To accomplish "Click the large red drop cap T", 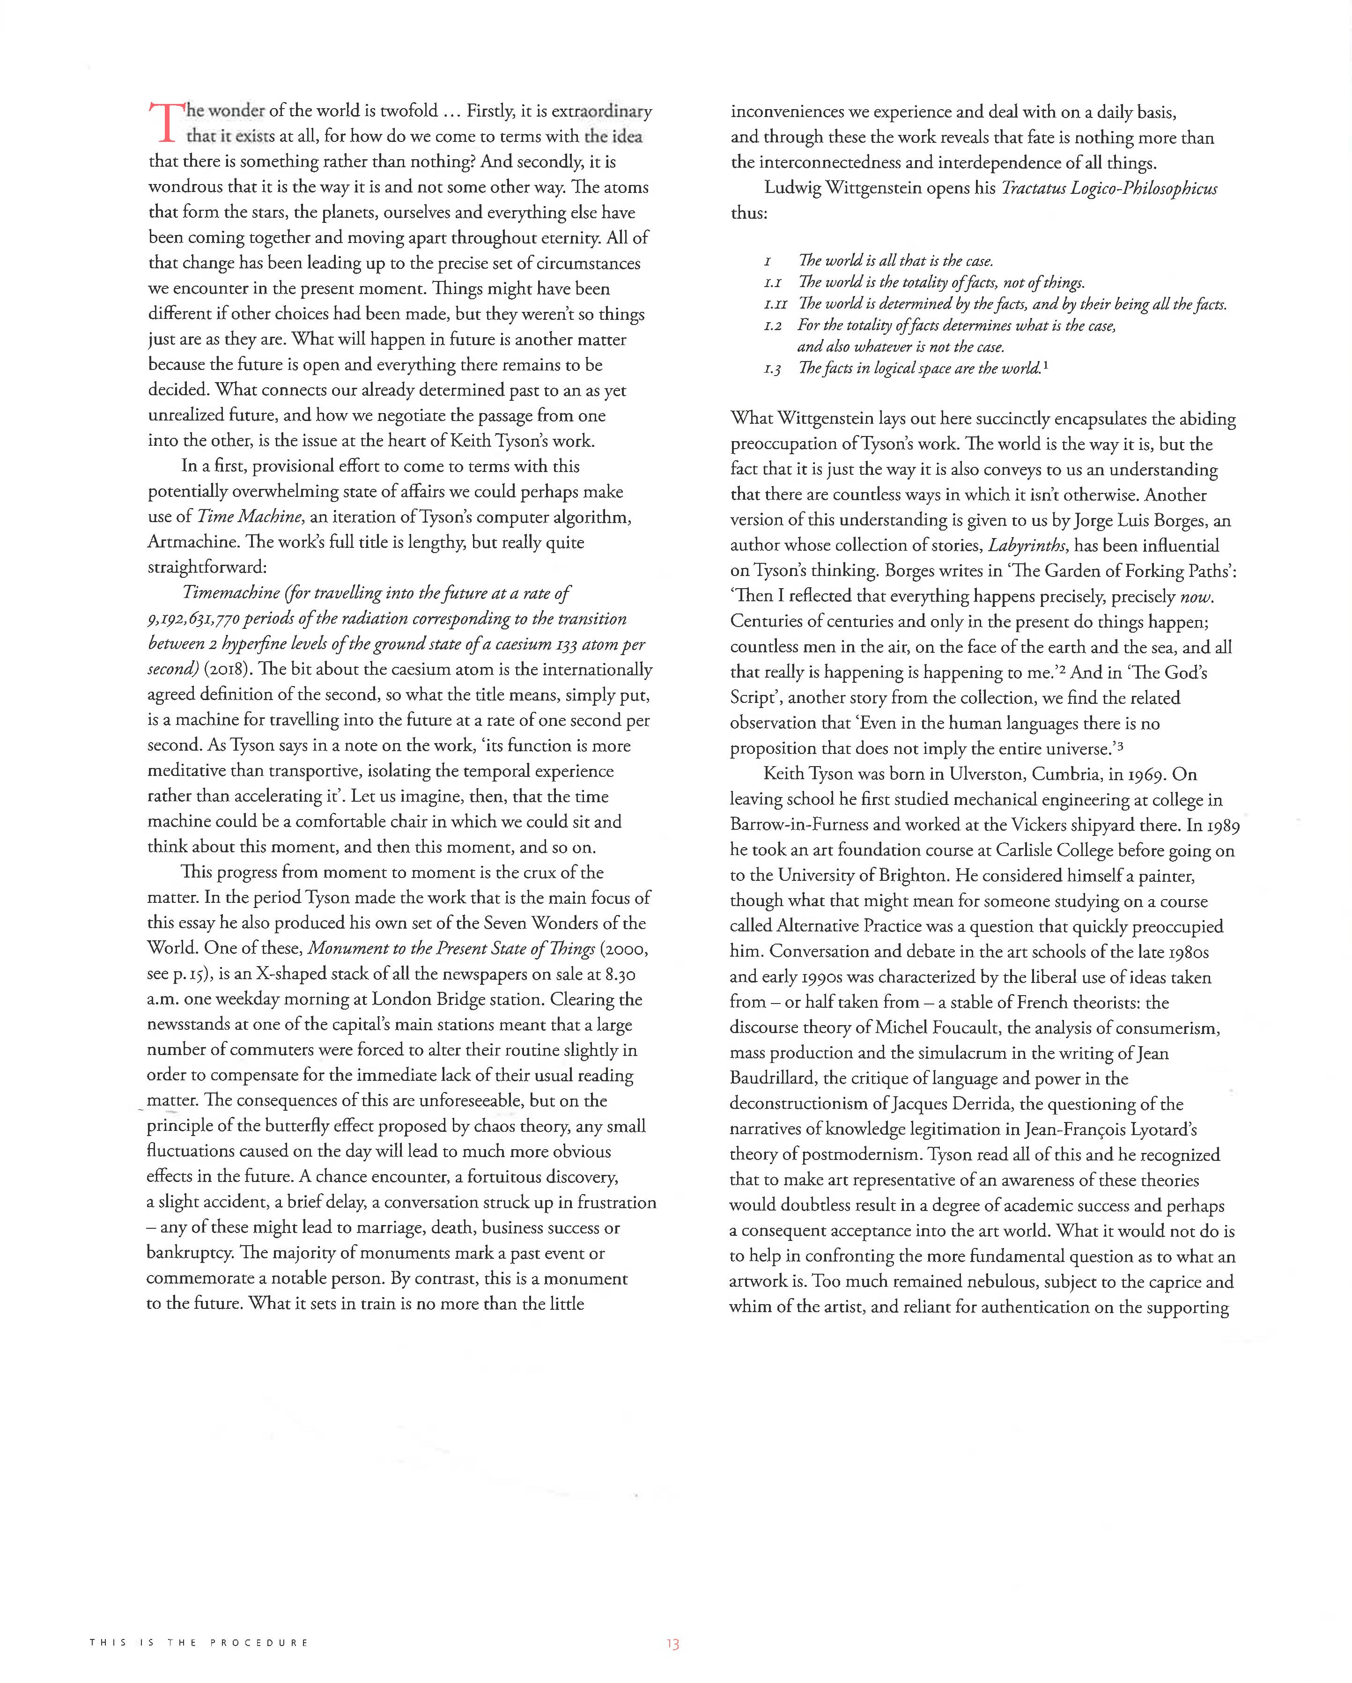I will click(165, 123).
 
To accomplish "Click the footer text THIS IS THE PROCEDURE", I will click(199, 1642).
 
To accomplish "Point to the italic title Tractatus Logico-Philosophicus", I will click(1108, 188).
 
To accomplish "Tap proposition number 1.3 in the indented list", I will click(772, 369).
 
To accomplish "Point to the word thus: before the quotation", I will click(749, 213).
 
